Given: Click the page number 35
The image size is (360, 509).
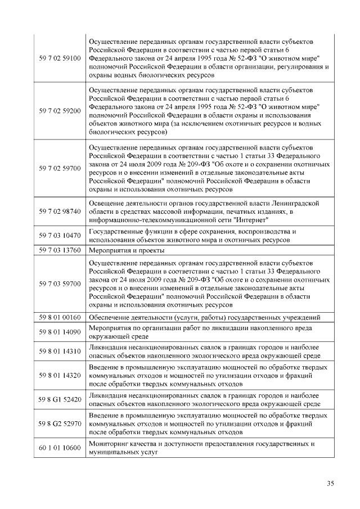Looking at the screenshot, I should coord(330,483).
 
